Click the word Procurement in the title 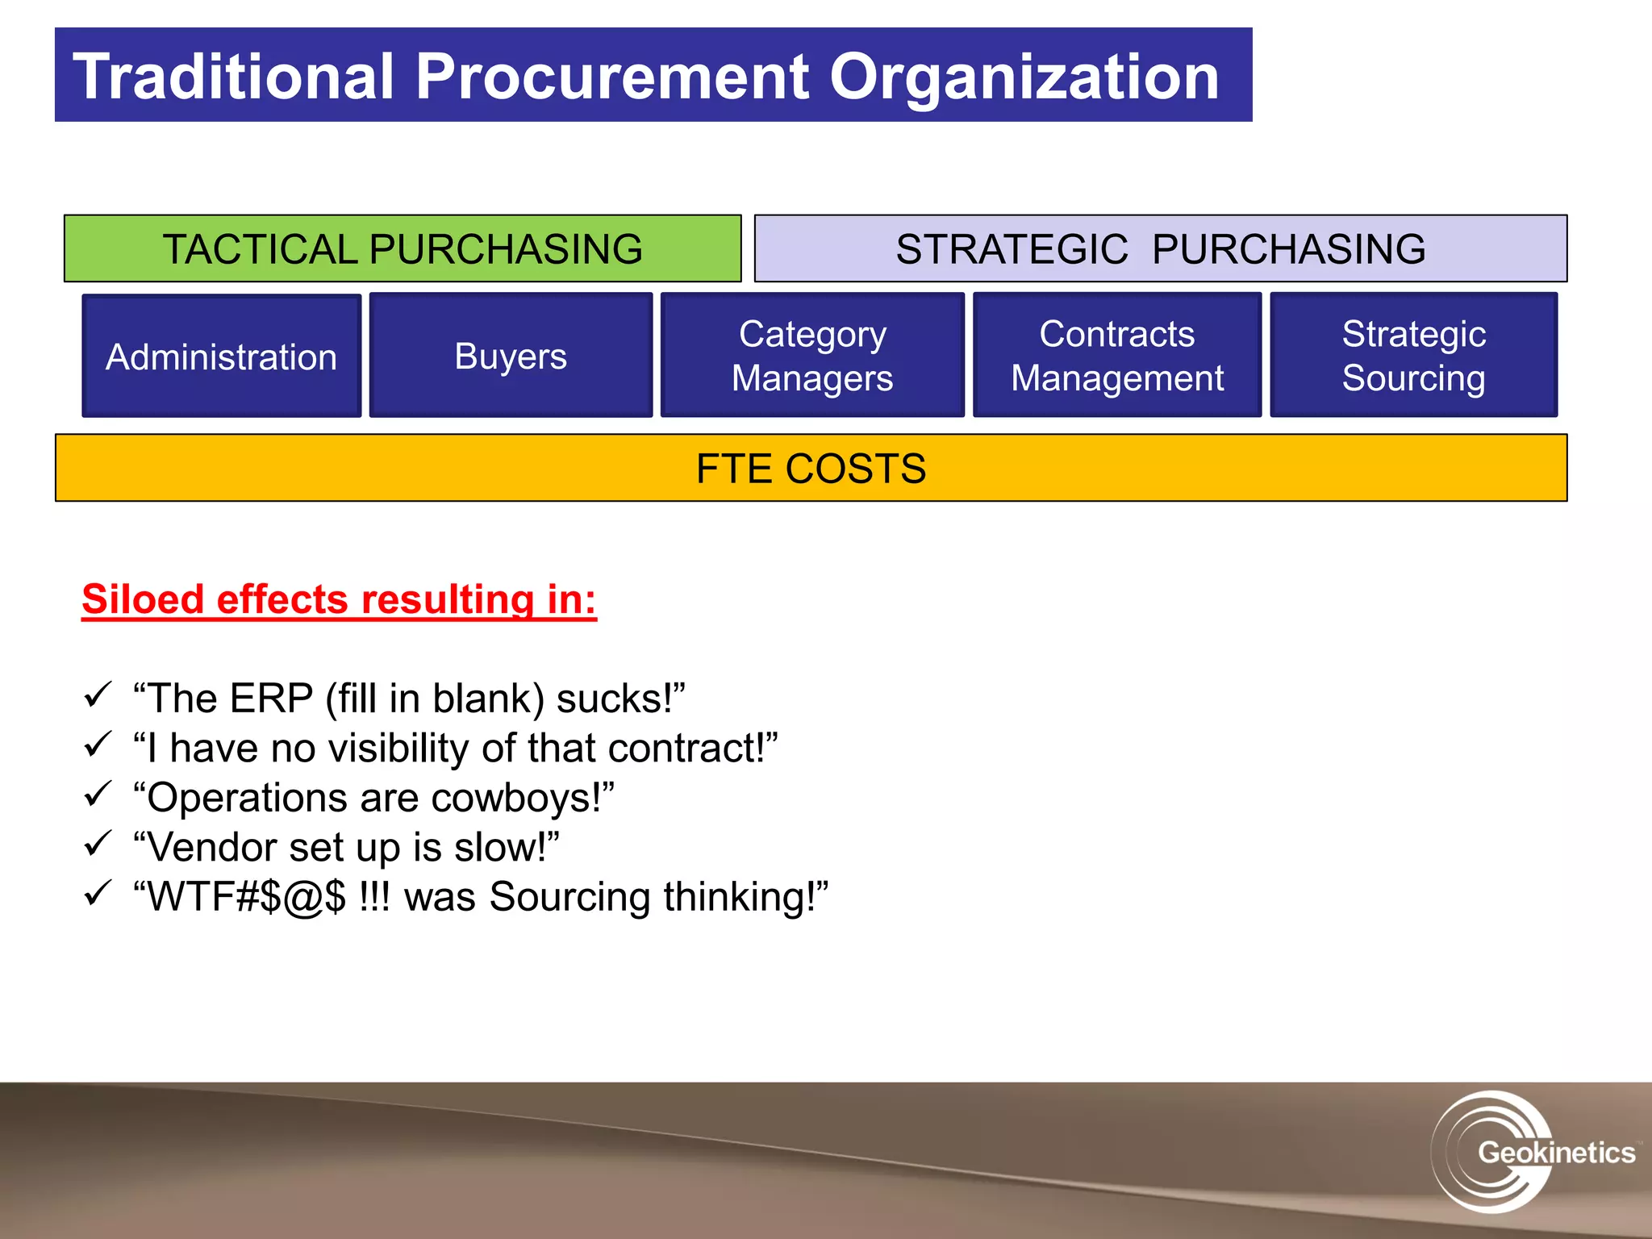[x=612, y=77]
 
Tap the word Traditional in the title [x=234, y=77]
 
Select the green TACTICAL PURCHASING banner [x=403, y=248]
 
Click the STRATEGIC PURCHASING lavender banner [x=1160, y=248]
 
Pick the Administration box [x=222, y=356]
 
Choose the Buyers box [x=511, y=356]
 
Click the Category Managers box [x=812, y=356]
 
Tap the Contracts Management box [x=1117, y=356]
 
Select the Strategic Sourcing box [x=1413, y=356]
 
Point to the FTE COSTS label [x=811, y=469]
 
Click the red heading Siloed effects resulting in [x=339, y=599]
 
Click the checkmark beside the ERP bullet [x=98, y=695]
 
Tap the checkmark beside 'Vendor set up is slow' [x=98, y=844]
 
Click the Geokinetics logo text [x=1555, y=1152]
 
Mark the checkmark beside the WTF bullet [x=98, y=893]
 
